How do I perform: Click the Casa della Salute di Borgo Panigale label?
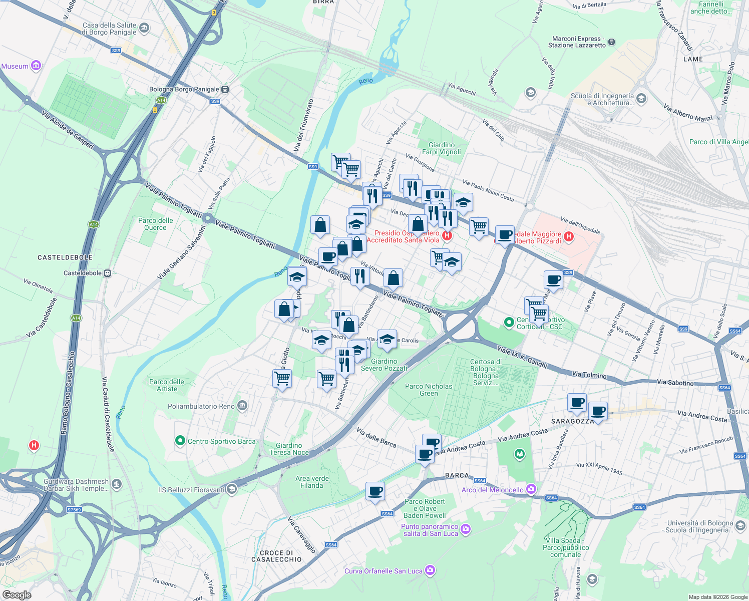[x=109, y=29]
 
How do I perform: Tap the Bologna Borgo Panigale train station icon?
[x=225, y=90]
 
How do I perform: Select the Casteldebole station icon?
[x=107, y=273]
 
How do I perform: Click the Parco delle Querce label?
[x=155, y=224]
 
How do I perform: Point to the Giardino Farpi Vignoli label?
[x=441, y=148]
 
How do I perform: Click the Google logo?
[x=17, y=595]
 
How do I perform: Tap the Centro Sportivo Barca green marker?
[x=180, y=441]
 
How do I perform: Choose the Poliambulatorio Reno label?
[x=201, y=406]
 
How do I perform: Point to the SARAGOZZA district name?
[x=572, y=421]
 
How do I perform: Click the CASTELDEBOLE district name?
[x=65, y=257]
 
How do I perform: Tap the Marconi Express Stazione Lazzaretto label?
[x=577, y=42]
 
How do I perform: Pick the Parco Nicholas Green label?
[x=428, y=390]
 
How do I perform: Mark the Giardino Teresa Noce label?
[x=289, y=449]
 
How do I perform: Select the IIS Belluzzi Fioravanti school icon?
[x=231, y=489]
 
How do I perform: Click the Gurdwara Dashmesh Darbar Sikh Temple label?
[x=76, y=485]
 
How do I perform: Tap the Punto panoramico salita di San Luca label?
[x=429, y=530]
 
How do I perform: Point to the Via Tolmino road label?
[x=589, y=375]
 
